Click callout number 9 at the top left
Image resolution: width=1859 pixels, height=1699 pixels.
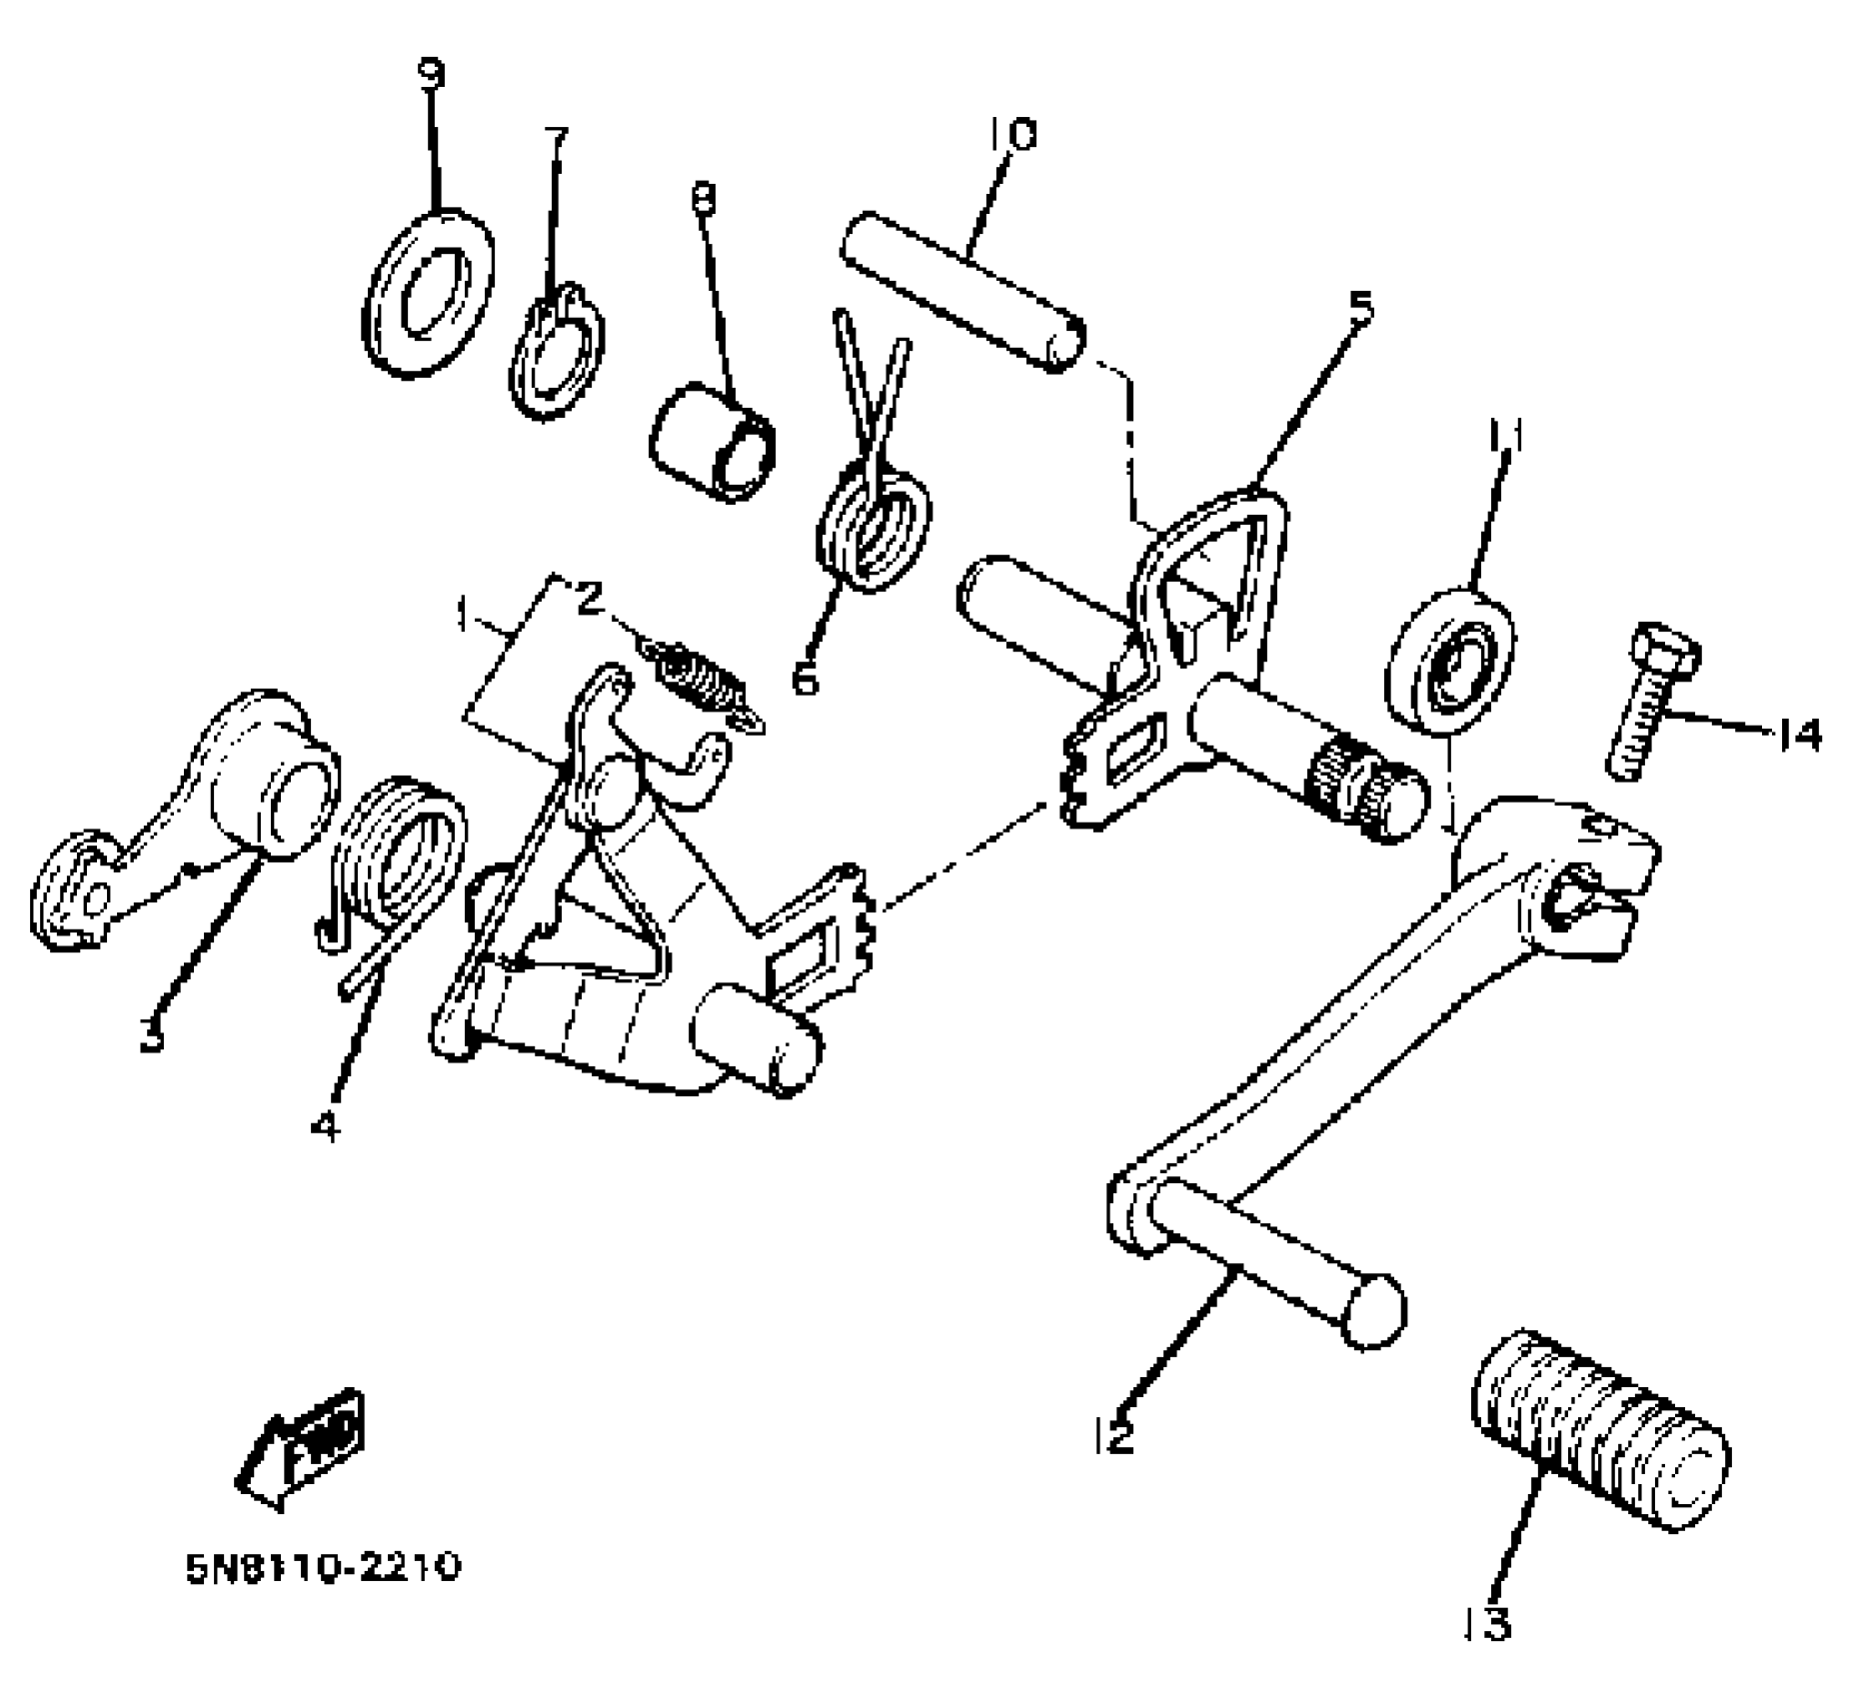pyautogui.click(x=432, y=75)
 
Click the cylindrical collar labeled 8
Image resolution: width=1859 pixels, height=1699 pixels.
pyautogui.click(x=713, y=440)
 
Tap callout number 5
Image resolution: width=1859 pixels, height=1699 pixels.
pyautogui.click(x=1360, y=307)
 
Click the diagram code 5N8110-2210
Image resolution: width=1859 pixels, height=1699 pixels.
pyautogui.click(x=322, y=1566)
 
